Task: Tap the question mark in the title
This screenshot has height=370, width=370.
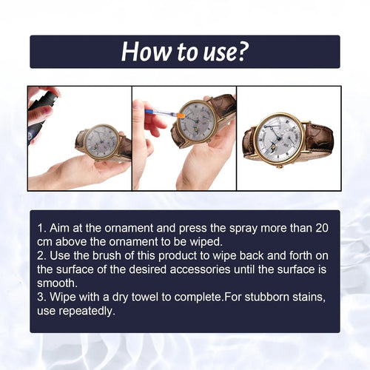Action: coord(242,51)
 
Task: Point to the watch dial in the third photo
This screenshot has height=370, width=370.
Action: coord(278,136)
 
